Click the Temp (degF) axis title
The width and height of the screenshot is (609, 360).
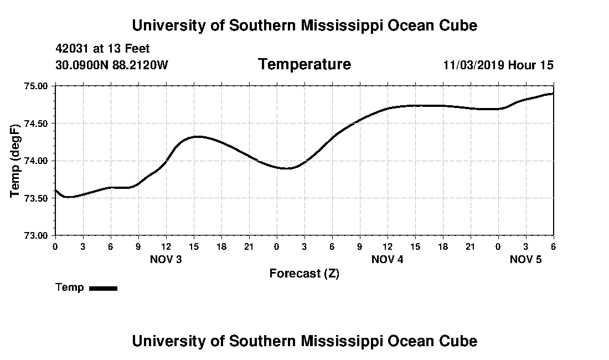pyautogui.click(x=16, y=161)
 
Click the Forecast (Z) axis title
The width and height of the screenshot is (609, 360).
pyautogui.click(x=304, y=274)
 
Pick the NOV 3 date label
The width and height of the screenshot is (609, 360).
pyautogui.click(x=166, y=259)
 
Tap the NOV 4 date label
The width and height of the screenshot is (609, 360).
pyautogui.click(x=388, y=259)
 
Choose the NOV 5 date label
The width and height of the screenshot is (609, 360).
pyautogui.click(x=525, y=259)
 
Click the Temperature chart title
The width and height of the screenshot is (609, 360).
pyautogui.click(x=304, y=65)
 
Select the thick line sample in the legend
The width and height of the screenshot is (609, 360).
pyautogui.click(x=104, y=288)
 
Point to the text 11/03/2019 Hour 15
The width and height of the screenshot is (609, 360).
pyautogui.click(x=498, y=65)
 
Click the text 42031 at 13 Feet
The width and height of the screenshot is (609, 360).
pyautogui.click(x=103, y=49)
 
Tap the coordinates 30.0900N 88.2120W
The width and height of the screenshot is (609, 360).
pyautogui.click(x=112, y=65)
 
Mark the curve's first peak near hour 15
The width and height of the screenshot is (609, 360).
pyautogui.click(x=197, y=136)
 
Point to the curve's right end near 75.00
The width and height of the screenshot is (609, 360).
pyautogui.click(x=553, y=94)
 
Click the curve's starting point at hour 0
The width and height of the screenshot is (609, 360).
pyautogui.click(x=55, y=190)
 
